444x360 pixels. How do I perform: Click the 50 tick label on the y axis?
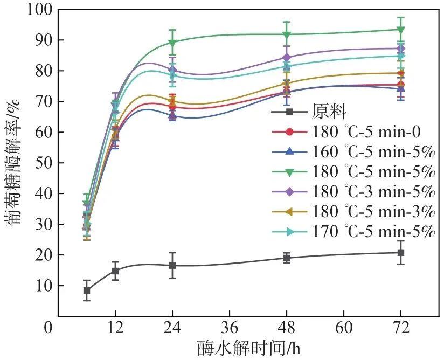[x=41, y=163]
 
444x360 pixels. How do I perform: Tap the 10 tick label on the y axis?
[x=41, y=286]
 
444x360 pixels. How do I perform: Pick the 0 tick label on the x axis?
[x=50, y=327]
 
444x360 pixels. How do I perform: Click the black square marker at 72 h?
[x=401, y=253]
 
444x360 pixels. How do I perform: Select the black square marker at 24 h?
[x=172, y=266]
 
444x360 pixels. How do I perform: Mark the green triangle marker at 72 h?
[x=401, y=30]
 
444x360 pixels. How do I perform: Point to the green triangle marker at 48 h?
[x=287, y=35]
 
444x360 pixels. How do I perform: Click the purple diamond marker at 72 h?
[x=401, y=49]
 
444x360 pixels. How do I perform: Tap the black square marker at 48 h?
[x=287, y=258]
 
